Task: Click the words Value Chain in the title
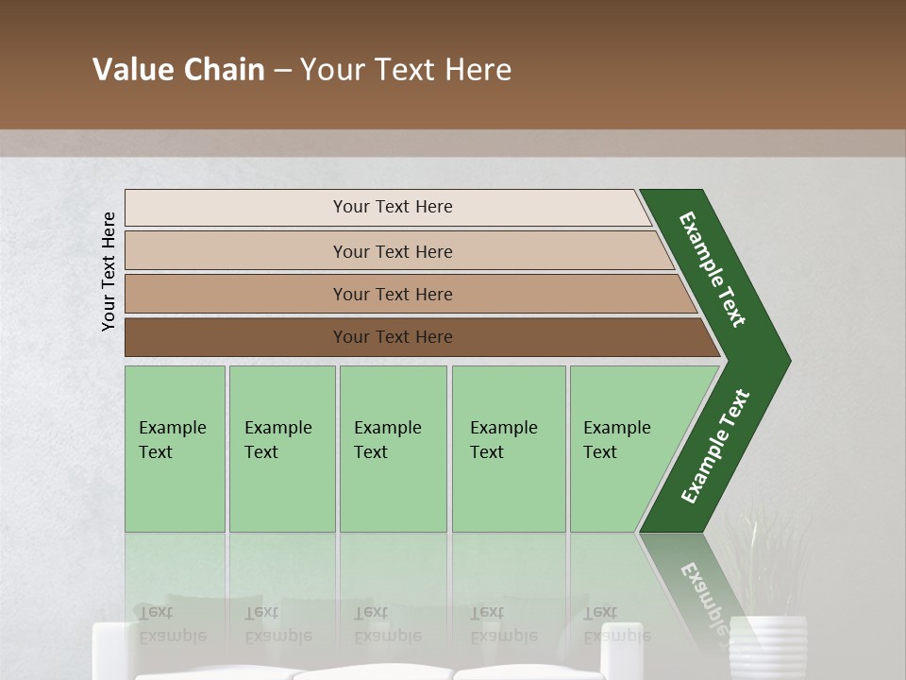pos(178,70)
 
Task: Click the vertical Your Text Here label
pos(109,271)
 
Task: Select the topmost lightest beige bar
pos(236,208)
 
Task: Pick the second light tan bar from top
pos(236,251)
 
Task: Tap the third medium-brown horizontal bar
pos(236,294)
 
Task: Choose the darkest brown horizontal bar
pos(236,337)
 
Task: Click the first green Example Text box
pos(175,449)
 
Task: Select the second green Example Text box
pos(281,449)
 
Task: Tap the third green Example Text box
pos(393,449)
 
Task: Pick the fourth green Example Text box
pos(508,449)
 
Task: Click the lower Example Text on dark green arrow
pos(715,446)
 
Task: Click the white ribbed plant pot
pos(768,647)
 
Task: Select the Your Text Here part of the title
pos(406,70)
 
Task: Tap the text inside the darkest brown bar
pos(393,337)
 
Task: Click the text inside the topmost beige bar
pos(393,207)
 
